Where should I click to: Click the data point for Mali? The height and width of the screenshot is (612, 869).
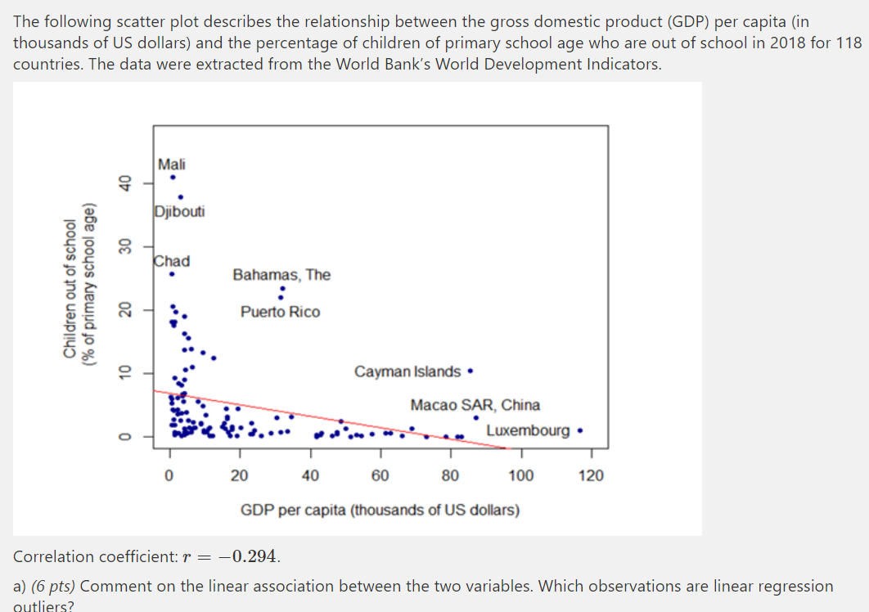[x=173, y=177]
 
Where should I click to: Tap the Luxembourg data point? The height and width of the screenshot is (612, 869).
[x=579, y=430]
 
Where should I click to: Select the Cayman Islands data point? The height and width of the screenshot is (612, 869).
[x=470, y=371]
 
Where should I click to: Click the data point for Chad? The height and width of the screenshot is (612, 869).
[x=172, y=274]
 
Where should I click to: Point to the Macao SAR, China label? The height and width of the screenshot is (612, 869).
[x=475, y=405]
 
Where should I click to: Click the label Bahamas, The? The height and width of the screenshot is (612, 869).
[x=281, y=275]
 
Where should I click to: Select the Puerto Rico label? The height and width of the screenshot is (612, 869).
[x=280, y=312]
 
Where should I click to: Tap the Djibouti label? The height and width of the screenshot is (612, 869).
[x=179, y=212]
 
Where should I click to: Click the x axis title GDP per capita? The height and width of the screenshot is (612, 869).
[x=380, y=511]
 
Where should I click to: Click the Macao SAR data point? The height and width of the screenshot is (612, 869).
[x=475, y=418]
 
